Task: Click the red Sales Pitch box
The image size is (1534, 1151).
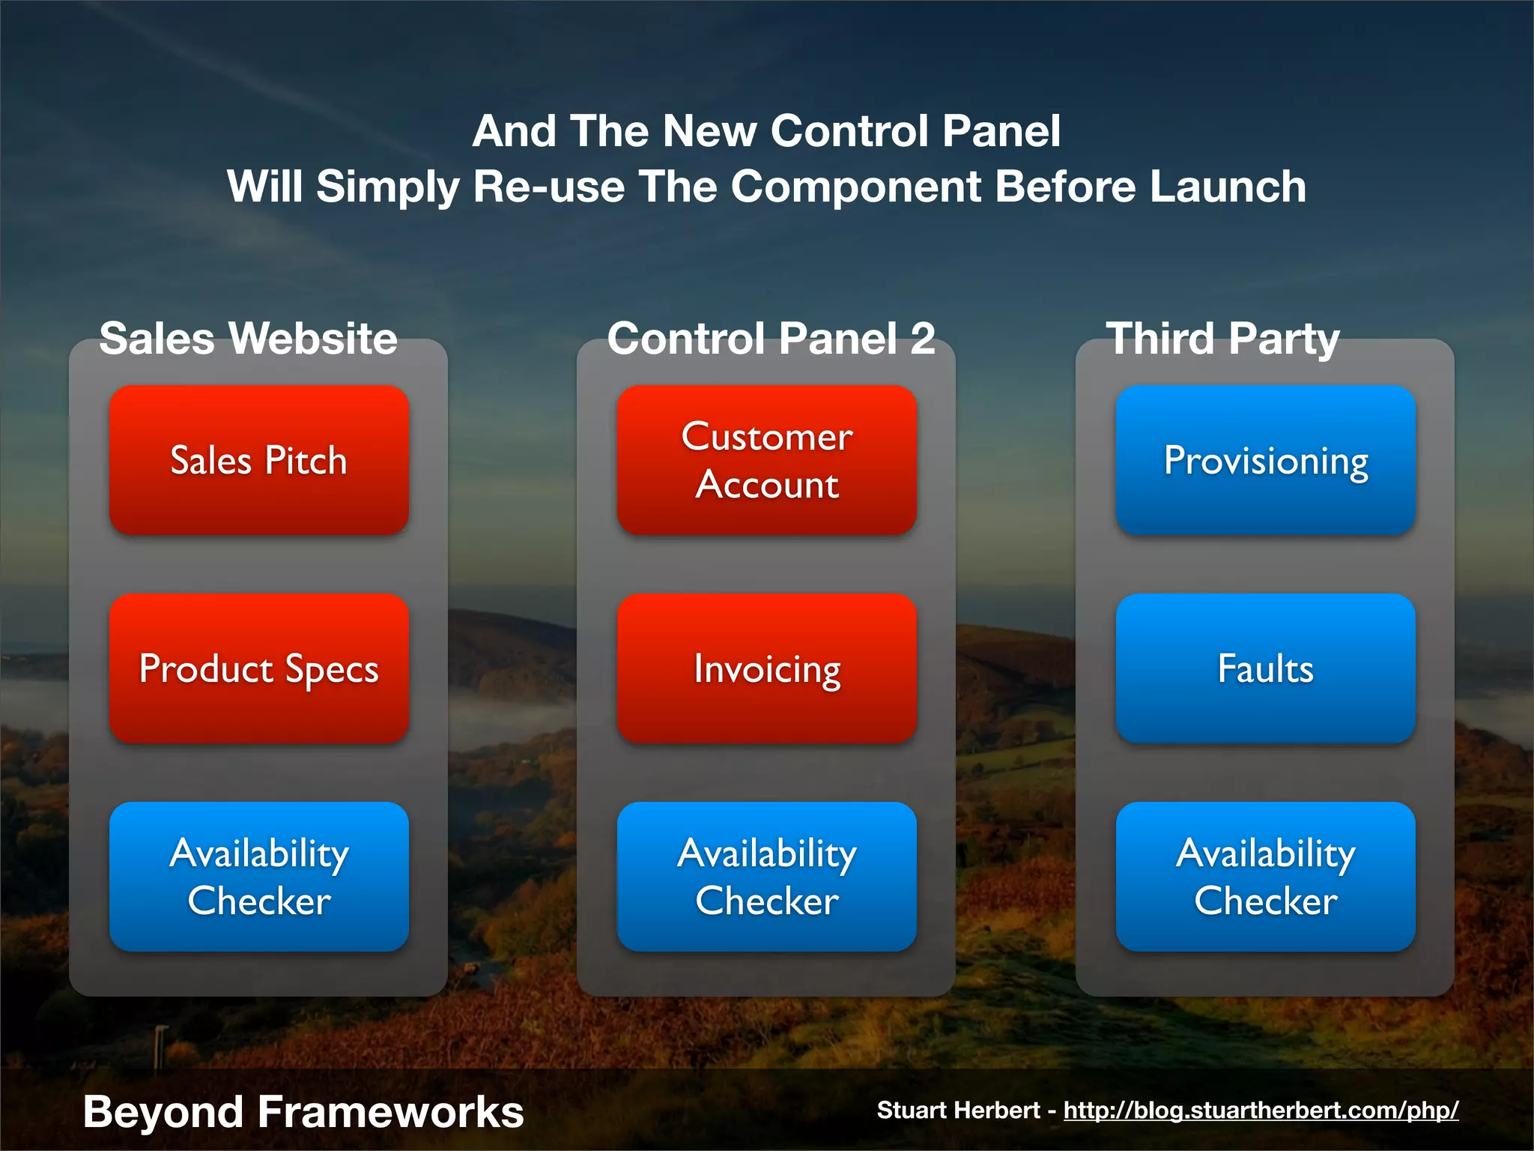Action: pyautogui.click(x=258, y=460)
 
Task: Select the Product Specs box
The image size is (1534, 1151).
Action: pyautogui.click(x=258, y=668)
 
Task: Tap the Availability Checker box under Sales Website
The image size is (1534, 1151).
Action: pyautogui.click(x=258, y=877)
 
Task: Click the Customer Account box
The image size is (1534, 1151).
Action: pyautogui.click(x=766, y=460)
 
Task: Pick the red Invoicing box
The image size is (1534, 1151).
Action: pyautogui.click(x=766, y=668)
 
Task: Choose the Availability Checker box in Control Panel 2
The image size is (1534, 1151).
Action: pyautogui.click(x=766, y=877)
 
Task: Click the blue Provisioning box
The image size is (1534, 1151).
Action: pyautogui.click(x=1265, y=460)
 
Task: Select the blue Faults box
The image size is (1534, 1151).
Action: pyautogui.click(x=1265, y=668)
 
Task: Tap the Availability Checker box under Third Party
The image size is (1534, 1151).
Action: pyautogui.click(x=1265, y=877)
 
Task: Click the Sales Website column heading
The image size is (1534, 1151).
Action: pyautogui.click(x=248, y=338)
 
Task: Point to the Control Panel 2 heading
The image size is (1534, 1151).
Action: pyautogui.click(x=771, y=338)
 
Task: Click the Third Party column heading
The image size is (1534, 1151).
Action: pyautogui.click(x=1222, y=338)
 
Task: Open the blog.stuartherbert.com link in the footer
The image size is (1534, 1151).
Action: pyautogui.click(x=1261, y=1110)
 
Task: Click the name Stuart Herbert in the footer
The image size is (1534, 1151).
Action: pyautogui.click(x=958, y=1110)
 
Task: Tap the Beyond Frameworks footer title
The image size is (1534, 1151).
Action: pyautogui.click(x=303, y=1111)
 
